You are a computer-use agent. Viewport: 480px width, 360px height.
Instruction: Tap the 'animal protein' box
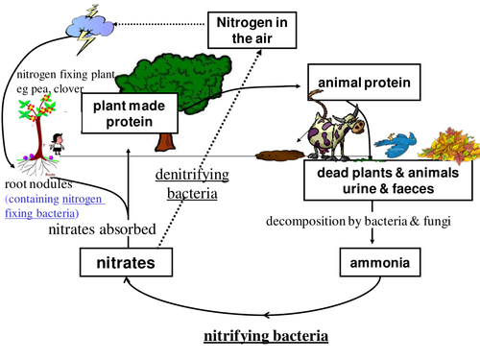point(366,84)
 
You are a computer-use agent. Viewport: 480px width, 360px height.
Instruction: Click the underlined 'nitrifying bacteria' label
point(266,337)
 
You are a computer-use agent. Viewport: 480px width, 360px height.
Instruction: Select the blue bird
point(396,145)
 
